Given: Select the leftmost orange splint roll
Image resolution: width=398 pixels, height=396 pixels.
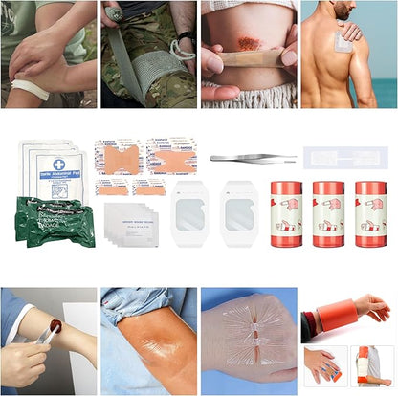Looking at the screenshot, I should (286, 214).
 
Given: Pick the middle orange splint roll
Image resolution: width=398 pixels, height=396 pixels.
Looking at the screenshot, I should (328, 214).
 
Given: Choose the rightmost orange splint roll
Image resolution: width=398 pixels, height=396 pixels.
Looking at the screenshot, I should (370, 214).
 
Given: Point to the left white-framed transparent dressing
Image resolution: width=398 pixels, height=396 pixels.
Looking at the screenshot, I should (189, 216).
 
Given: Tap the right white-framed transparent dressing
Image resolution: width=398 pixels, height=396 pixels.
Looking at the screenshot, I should (238, 216).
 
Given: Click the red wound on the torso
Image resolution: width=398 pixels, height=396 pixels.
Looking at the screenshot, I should (249, 43).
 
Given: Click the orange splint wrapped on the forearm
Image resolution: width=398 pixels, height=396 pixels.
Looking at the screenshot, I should (331, 316).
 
